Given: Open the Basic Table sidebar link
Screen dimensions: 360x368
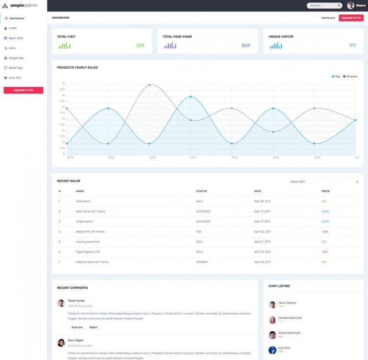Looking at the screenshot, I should [16, 38].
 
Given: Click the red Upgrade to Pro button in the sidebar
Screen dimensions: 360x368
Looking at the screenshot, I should [23, 90].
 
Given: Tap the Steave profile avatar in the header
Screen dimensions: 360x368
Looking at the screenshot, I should [351, 6].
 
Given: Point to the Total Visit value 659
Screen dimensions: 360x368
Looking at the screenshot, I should [140, 46].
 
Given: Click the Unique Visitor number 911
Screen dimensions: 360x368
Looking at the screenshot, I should [353, 46].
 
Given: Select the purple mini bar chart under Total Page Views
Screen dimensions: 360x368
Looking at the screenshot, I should [170, 46].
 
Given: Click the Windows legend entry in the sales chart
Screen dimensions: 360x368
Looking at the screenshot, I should [350, 76].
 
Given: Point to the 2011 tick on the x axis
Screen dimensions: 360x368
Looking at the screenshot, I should [193, 157].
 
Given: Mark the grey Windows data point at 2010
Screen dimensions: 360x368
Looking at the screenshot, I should [149, 85].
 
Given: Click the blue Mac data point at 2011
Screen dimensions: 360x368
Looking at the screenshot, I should [191, 97].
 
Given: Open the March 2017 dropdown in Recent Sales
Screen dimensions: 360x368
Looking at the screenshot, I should [324, 182].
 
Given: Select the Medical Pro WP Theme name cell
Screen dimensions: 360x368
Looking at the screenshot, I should [90, 232].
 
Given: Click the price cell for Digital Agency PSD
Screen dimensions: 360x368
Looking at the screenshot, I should [324, 252].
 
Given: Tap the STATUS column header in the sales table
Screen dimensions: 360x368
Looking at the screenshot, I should [202, 191].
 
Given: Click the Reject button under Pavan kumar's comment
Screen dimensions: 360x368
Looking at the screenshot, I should [93, 327].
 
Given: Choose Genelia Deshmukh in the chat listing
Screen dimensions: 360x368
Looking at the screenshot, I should [289, 318].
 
